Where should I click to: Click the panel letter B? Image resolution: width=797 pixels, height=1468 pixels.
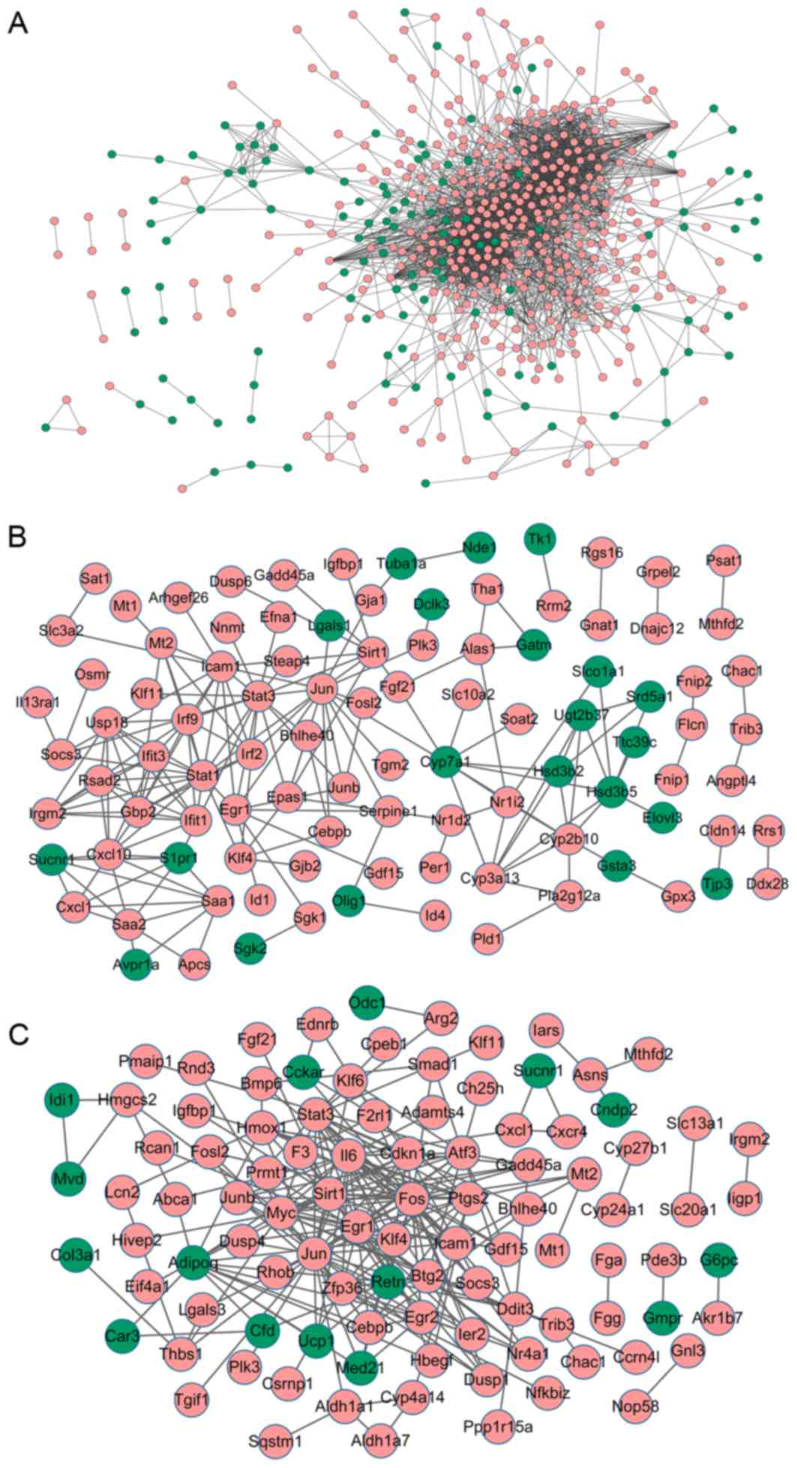pyautogui.click(x=17, y=536)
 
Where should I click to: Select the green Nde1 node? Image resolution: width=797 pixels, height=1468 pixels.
pyautogui.click(x=479, y=548)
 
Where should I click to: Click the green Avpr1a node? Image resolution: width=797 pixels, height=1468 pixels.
pyautogui.click(x=136, y=965)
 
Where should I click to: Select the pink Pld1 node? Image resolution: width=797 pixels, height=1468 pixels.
pyautogui.click(x=487, y=938)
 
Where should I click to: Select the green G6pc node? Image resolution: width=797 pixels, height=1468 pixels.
pyautogui.click(x=719, y=1260)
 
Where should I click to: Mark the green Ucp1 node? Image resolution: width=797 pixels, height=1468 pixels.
pyautogui.click(x=316, y=1343)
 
